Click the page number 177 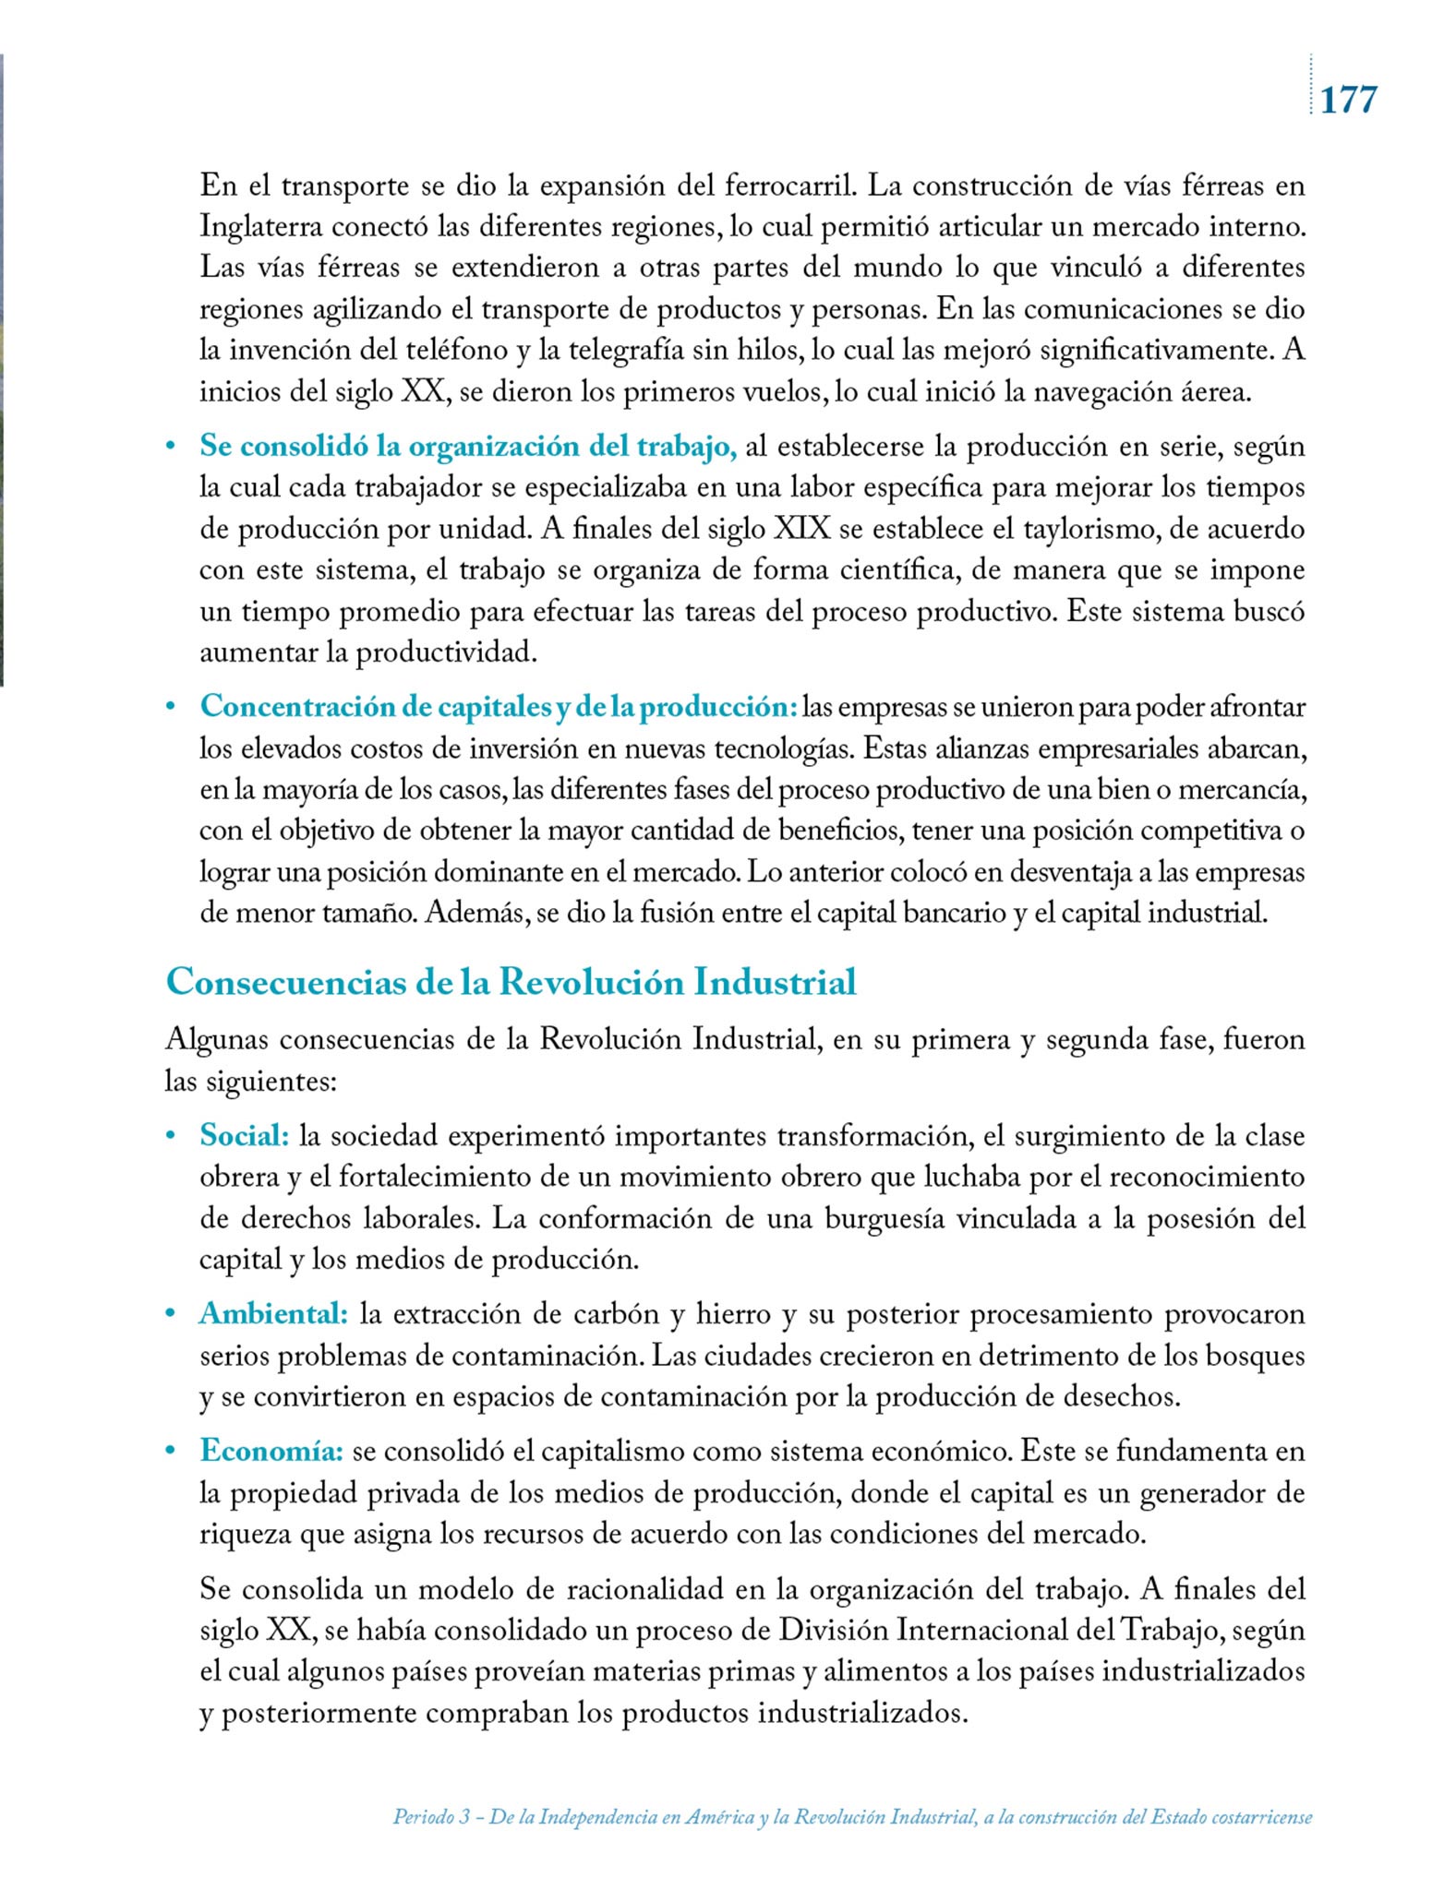point(1349,99)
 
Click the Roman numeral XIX point(801,530)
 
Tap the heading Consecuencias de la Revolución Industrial point(511,982)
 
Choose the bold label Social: point(245,1136)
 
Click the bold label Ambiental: point(273,1313)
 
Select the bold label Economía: point(271,1451)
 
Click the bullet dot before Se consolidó point(170,448)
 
